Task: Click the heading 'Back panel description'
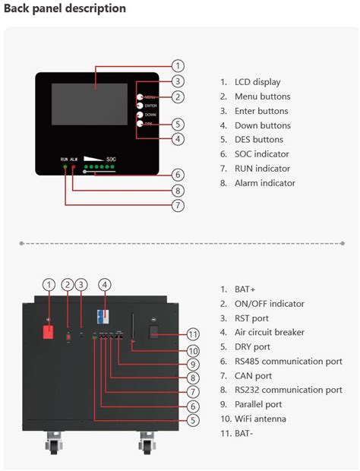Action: coord(65,8)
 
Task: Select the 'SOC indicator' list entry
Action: coord(257,154)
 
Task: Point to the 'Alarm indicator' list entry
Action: coord(259,183)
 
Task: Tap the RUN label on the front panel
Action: coord(65,159)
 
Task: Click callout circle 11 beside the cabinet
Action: coord(193,334)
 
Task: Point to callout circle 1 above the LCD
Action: coord(178,66)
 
